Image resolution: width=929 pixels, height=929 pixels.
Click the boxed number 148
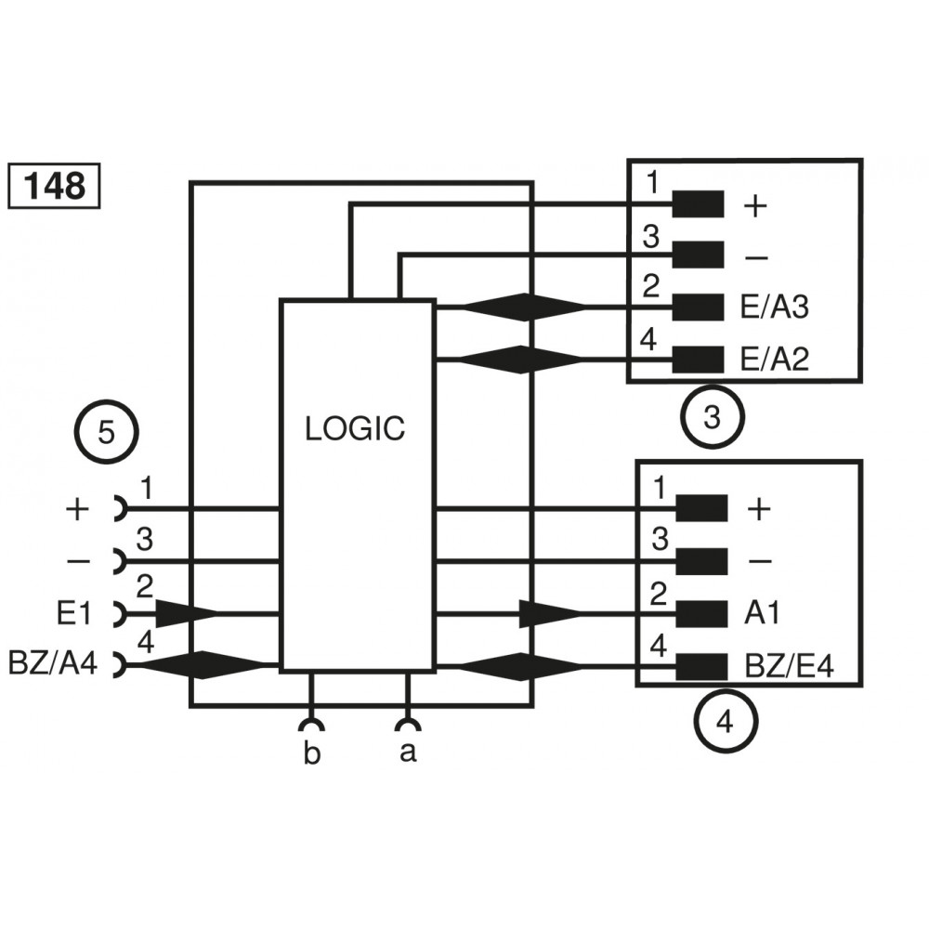pyautogui.click(x=54, y=186)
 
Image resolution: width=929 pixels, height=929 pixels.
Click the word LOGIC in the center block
pyautogui.click(x=356, y=428)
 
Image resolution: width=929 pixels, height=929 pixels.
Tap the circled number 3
pyautogui.click(x=713, y=418)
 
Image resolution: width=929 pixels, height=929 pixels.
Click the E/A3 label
pyautogui.click(x=775, y=308)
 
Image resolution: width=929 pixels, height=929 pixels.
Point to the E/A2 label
pyautogui.click(x=775, y=360)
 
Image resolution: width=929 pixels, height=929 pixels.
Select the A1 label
pyautogui.click(x=762, y=613)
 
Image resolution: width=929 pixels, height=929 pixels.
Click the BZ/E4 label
pyautogui.click(x=789, y=666)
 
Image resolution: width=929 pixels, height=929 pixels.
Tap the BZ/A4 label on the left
pyautogui.click(x=52, y=664)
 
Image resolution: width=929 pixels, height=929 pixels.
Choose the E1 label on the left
pyautogui.click(x=73, y=613)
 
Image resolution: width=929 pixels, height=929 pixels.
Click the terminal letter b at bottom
pyautogui.click(x=312, y=753)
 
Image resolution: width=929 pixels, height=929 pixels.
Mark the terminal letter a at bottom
pyautogui.click(x=407, y=753)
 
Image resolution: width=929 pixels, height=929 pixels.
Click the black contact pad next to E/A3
pyautogui.click(x=698, y=307)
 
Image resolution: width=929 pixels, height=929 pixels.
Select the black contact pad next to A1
pyautogui.click(x=701, y=613)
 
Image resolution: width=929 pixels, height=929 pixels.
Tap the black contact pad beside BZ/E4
pyautogui.click(x=701, y=666)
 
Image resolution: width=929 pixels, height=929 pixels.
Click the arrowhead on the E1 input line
pyautogui.click(x=186, y=613)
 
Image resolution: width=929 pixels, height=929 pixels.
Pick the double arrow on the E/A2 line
pyautogui.click(x=525, y=359)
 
